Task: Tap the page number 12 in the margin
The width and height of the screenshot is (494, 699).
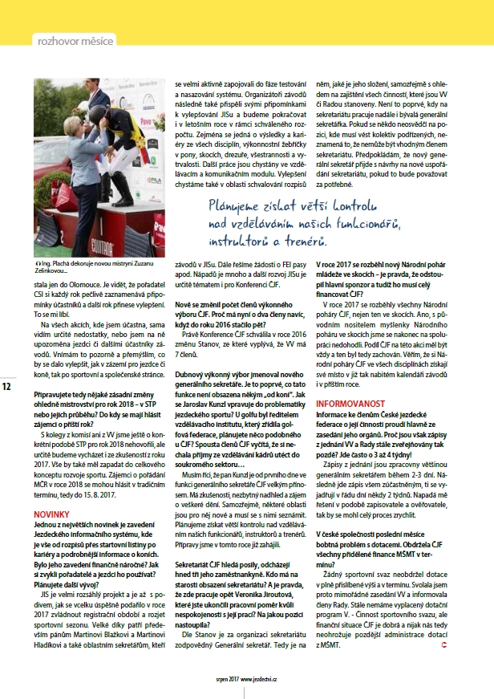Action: point(6,387)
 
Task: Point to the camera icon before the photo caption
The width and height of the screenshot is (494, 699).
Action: point(38,264)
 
